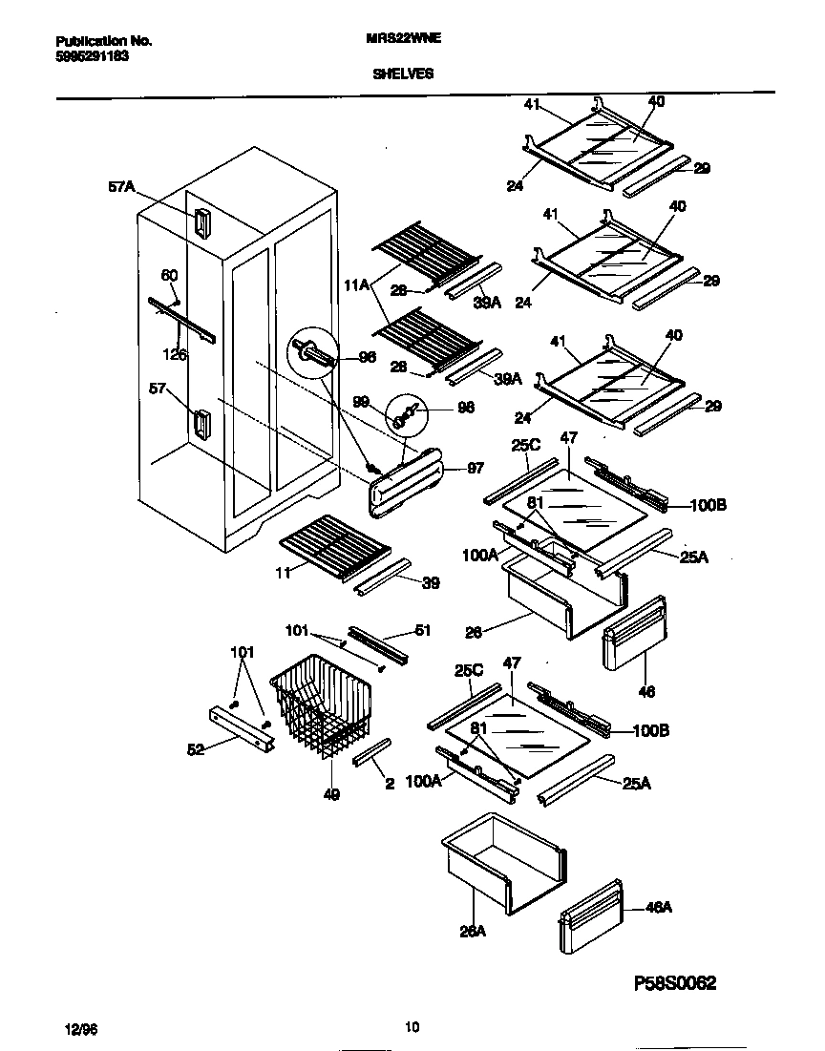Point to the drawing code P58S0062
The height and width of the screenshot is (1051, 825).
(675, 983)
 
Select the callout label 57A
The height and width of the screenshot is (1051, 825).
(121, 188)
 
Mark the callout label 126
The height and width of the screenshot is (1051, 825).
(174, 354)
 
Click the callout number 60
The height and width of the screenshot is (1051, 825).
(168, 276)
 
